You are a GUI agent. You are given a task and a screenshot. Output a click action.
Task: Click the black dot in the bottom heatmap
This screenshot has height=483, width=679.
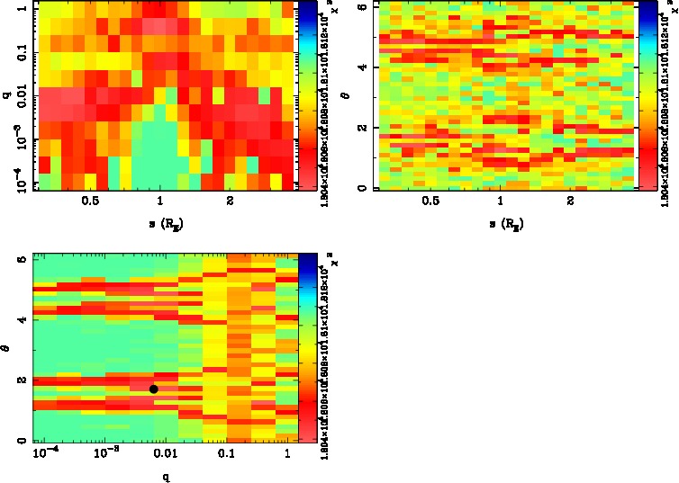click(154, 389)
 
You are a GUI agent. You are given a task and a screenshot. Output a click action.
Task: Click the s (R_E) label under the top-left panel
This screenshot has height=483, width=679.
click(162, 224)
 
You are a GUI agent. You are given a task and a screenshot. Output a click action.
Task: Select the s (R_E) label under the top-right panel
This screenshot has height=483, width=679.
click(504, 224)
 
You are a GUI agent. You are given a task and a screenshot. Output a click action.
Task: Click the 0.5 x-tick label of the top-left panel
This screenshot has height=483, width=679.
click(90, 203)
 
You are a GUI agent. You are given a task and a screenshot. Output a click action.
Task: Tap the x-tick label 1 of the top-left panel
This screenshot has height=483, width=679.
click(161, 203)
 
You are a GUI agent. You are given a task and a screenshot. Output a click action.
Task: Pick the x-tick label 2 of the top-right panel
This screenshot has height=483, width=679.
click(571, 203)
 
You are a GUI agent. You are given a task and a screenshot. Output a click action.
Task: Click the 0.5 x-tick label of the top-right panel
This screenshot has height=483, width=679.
click(432, 203)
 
